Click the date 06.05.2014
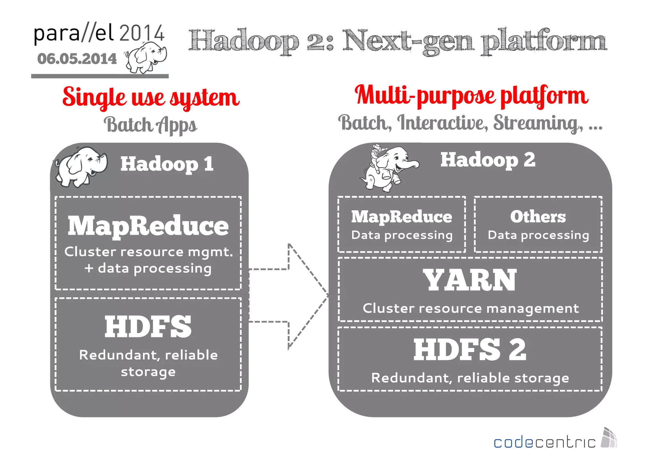(x=77, y=59)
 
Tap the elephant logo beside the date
(x=146, y=58)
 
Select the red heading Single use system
(x=151, y=97)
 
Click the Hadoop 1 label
(x=167, y=164)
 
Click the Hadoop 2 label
(x=488, y=160)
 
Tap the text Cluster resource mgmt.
(x=148, y=252)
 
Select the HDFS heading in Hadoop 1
(x=148, y=327)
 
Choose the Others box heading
(x=538, y=217)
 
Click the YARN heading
(x=470, y=280)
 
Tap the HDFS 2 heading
(x=470, y=350)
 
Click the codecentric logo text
(x=544, y=443)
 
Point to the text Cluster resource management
(x=471, y=308)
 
